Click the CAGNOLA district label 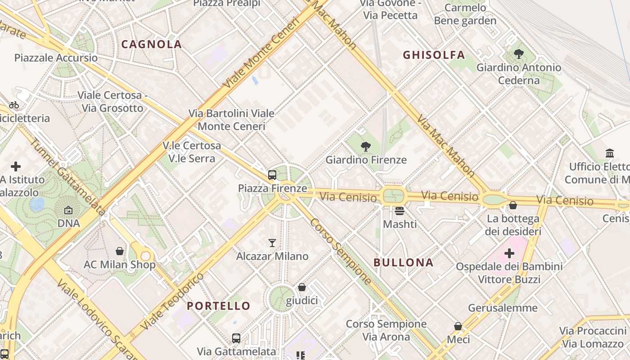[x=152, y=44]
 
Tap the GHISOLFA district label [x=434, y=55]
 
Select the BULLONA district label [x=404, y=262]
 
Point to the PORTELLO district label [x=218, y=306]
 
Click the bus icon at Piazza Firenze [x=272, y=175]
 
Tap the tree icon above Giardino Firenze [x=366, y=146]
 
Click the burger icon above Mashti [x=400, y=210]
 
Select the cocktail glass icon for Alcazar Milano [x=272, y=243]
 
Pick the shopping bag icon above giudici [x=302, y=287]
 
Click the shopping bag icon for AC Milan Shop [x=120, y=251]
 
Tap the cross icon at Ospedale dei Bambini [x=509, y=253]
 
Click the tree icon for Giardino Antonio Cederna [x=519, y=54]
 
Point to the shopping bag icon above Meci [x=458, y=326]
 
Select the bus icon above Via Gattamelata [x=236, y=338]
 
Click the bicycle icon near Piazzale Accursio [x=14, y=105]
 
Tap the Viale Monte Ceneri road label [x=261, y=53]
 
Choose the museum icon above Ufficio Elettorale [x=610, y=153]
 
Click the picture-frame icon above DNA [x=68, y=210]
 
